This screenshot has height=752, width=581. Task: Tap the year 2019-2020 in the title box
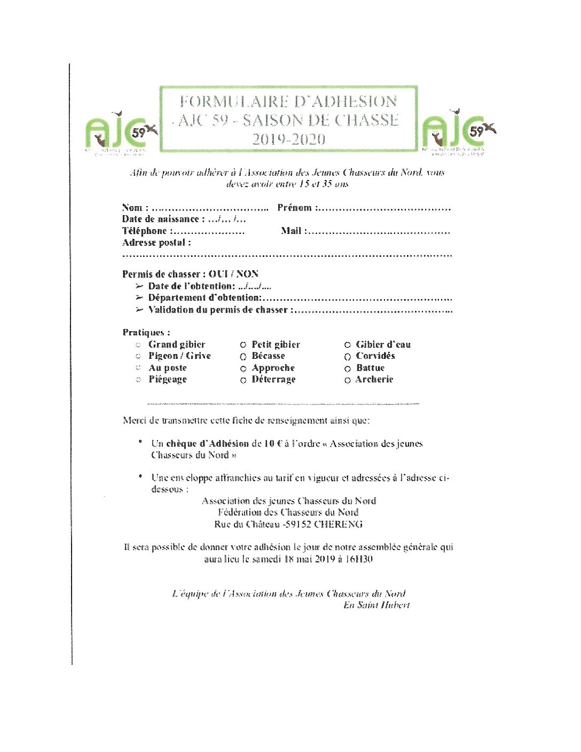(288, 139)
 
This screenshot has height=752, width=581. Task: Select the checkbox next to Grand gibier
(138, 345)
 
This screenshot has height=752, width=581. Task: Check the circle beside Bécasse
(243, 357)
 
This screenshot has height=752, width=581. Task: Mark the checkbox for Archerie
(348, 380)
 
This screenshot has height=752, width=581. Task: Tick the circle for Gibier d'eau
(348, 345)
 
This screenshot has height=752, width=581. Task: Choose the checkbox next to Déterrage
(243, 380)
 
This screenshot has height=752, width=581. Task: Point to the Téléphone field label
(145, 231)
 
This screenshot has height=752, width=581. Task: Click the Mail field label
(292, 231)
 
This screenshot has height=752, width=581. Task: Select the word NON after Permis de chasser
(247, 274)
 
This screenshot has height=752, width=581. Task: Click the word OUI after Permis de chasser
(218, 274)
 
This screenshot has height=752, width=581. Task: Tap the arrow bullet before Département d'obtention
(139, 297)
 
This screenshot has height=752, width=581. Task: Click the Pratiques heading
(146, 332)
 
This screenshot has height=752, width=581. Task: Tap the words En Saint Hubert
(376, 605)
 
